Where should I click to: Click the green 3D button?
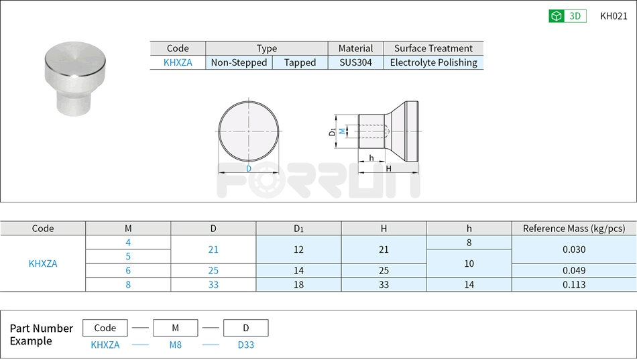click(x=567, y=16)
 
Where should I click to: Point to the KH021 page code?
click(x=614, y=16)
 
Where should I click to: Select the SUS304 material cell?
click(x=355, y=62)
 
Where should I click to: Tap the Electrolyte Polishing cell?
click(x=433, y=62)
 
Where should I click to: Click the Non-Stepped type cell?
click(x=239, y=62)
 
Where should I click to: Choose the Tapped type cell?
click(x=300, y=62)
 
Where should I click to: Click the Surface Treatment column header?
click(x=433, y=48)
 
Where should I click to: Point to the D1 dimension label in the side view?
click(x=333, y=131)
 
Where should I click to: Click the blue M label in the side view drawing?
click(x=343, y=131)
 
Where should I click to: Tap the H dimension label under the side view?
click(x=388, y=169)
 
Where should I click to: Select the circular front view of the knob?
click(x=248, y=131)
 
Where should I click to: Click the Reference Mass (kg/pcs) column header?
click(x=573, y=229)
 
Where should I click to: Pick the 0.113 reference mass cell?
click(x=573, y=284)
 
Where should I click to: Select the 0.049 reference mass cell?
click(x=573, y=270)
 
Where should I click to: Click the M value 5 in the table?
click(x=128, y=256)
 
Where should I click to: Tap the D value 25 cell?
click(x=213, y=270)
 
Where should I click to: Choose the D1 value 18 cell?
click(x=298, y=284)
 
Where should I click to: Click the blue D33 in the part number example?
click(x=245, y=345)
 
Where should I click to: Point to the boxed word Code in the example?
click(x=105, y=328)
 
